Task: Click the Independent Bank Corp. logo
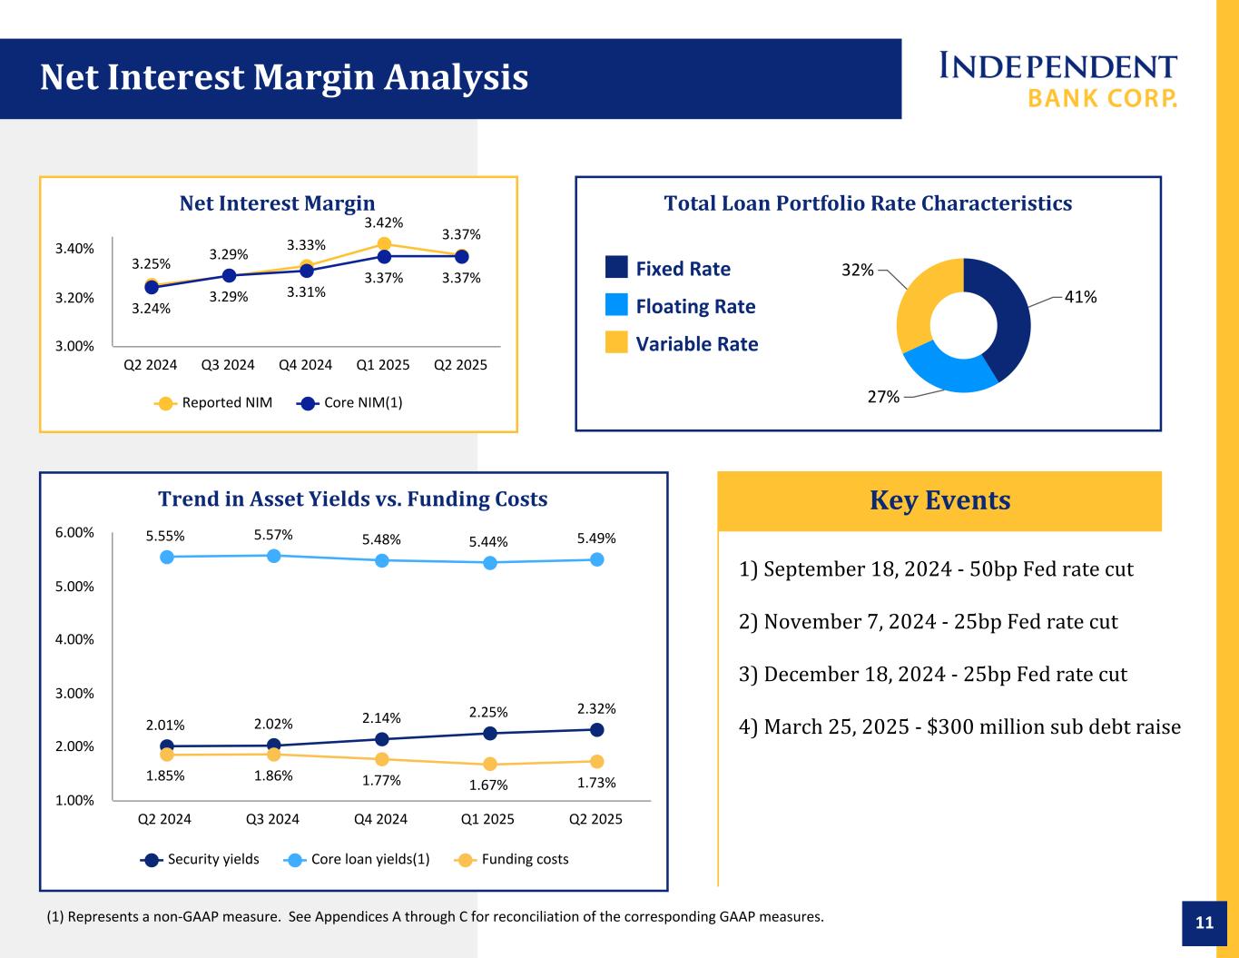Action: pos(1057,79)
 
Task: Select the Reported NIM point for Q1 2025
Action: pos(384,243)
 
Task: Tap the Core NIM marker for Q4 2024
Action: pos(307,271)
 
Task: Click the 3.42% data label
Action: pos(384,222)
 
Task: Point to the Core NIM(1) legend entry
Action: pos(349,403)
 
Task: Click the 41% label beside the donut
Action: pos(1080,297)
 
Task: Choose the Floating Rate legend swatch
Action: pos(616,305)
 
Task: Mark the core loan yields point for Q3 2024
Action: pos(273,556)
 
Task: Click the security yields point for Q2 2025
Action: pos(596,730)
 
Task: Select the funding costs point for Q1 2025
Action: pos(489,764)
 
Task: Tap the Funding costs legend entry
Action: pos(513,859)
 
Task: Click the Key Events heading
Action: pos(939,500)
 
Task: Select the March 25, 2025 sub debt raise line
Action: pos(959,727)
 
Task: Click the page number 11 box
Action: pos(1205,923)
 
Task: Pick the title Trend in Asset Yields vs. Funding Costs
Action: pos(353,499)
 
